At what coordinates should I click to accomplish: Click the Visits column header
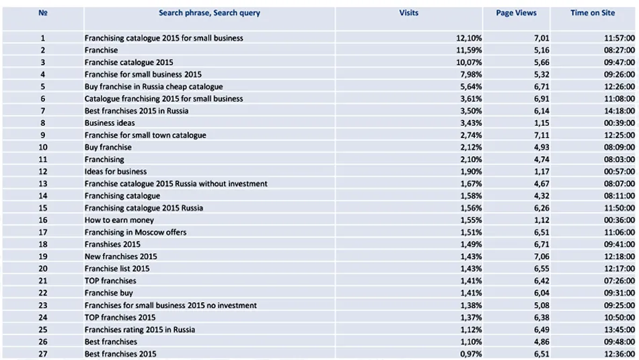408,13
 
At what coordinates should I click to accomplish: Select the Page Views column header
516,13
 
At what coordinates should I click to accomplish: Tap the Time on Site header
593,13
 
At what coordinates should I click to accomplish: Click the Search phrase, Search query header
209,13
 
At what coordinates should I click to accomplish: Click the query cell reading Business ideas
110,123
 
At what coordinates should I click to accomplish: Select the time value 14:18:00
619,111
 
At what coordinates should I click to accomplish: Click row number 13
43,184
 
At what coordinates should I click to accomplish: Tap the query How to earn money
119,220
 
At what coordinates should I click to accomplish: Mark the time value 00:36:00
619,220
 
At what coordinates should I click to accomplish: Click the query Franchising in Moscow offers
135,232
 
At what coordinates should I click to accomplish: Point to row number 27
43,353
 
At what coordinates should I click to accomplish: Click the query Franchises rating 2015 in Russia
140,329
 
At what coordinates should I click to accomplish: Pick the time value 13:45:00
619,329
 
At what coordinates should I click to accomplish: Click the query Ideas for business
116,172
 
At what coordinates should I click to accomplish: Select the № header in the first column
43,13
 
